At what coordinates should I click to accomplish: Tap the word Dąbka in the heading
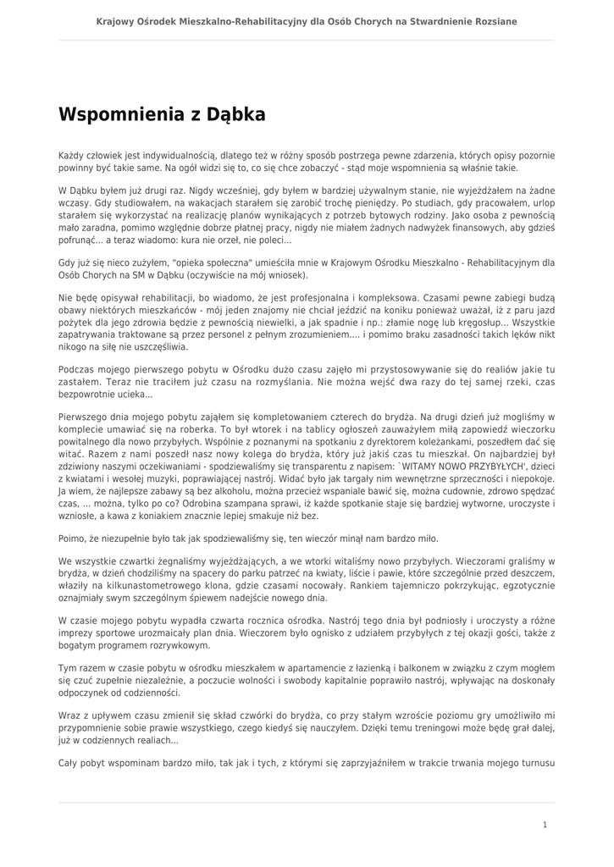point(236,114)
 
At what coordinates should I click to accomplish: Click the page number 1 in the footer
point(545,824)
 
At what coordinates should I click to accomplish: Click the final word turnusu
point(533,762)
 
